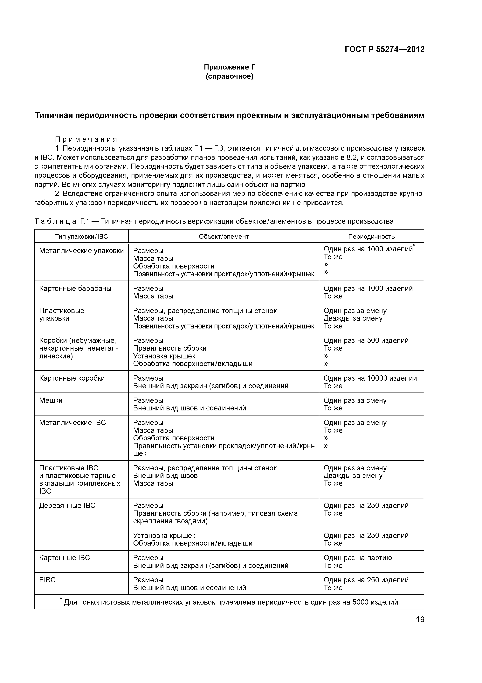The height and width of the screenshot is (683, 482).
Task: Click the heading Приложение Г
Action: tap(229, 67)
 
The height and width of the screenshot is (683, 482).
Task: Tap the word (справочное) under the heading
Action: tap(229, 77)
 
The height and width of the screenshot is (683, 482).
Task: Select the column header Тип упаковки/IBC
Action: tap(81, 237)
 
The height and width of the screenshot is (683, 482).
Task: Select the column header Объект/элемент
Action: tap(224, 237)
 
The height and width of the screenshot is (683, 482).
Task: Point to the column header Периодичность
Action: tap(371, 237)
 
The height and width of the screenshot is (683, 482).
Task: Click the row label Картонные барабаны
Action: tap(75, 288)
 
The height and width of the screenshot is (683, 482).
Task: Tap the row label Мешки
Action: tap(51, 400)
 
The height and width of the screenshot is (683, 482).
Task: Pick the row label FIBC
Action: tap(47, 580)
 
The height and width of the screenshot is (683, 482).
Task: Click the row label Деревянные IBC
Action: tap(67, 506)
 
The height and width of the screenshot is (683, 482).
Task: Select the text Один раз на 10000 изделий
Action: tap(370, 378)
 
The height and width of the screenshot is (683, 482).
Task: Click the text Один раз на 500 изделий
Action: tap(366, 340)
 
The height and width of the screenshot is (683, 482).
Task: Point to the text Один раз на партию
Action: tap(358, 558)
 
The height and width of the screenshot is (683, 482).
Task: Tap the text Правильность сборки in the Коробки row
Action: tap(170, 348)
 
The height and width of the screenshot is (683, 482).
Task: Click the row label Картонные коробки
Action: tap(72, 378)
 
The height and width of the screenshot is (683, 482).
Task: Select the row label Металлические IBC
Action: tap(72, 423)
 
